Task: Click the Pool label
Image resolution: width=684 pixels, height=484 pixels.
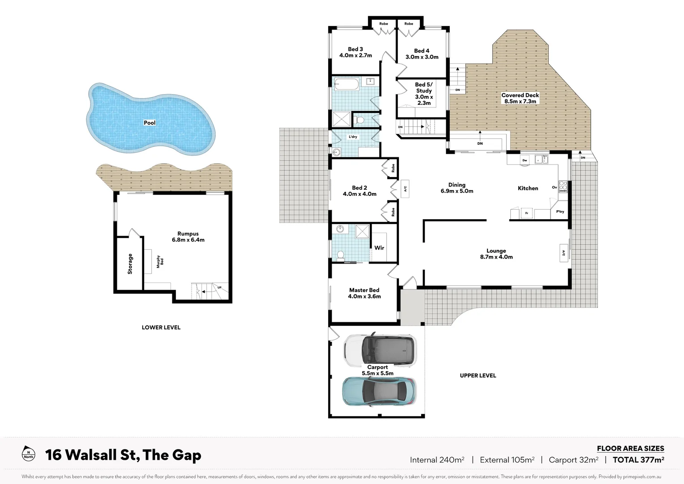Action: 150,123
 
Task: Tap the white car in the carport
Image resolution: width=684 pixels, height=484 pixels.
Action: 380,350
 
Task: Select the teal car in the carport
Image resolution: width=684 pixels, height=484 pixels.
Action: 379,391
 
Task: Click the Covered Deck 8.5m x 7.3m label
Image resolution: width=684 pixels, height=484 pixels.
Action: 520,98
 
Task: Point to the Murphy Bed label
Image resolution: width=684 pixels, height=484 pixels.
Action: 160,262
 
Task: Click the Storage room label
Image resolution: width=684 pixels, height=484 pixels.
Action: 130,264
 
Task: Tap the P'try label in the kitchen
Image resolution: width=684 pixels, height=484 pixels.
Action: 560,212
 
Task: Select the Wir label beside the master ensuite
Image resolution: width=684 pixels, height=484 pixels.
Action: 379,248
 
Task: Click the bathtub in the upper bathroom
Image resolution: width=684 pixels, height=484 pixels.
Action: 346,84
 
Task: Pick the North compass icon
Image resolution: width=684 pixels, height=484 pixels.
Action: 28,454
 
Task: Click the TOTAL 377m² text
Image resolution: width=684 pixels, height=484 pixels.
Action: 638,459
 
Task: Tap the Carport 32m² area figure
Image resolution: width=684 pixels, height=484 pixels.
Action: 573,460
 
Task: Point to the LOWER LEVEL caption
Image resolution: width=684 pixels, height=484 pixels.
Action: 161,328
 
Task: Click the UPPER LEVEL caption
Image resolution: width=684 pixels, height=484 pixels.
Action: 478,376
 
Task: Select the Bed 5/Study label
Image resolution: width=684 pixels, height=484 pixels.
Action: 423,94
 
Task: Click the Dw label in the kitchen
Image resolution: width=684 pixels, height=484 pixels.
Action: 525,160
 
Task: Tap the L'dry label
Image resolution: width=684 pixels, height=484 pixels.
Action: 353,137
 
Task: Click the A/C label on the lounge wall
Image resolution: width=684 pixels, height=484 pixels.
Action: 563,252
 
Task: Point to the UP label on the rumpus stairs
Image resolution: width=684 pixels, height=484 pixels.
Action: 219,287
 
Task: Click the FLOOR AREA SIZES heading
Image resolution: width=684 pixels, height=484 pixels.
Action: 630,448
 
